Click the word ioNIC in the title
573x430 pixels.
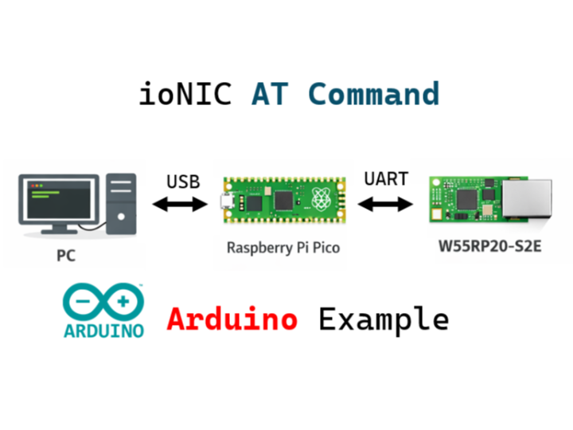pyautogui.click(x=185, y=94)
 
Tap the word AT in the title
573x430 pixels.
pyautogui.click(x=271, y=94)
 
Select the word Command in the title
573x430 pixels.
pyautogui.click(x=373, y=94)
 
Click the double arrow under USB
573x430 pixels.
pyautogui.click(x=180, y=205)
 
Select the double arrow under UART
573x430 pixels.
pyautogui.click(x=386, y=205)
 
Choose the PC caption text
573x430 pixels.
pyautogui.click(x=66, y=256)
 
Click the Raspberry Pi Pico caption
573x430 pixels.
pyautogui.click(x=283, y=248)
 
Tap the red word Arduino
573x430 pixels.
pyautogui.click(x=232, y=319)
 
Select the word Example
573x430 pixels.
pyautogui.click(x=384, y=319)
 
